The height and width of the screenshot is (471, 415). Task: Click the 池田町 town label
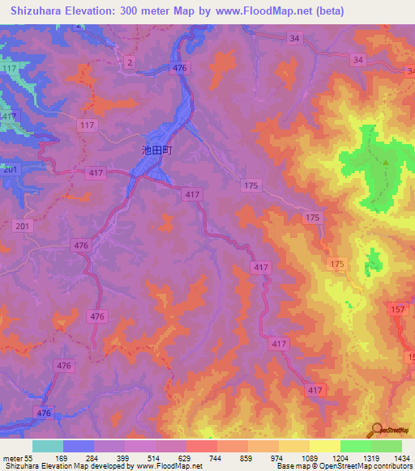click(x=158, y=150)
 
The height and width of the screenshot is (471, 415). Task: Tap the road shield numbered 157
click(x=397, y=310)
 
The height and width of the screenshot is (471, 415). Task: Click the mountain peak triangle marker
click(x=386, y=162)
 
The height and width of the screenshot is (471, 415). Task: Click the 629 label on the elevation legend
click(x=186, y=457)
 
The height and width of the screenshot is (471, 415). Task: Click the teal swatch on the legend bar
click(x=48, y=446)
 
